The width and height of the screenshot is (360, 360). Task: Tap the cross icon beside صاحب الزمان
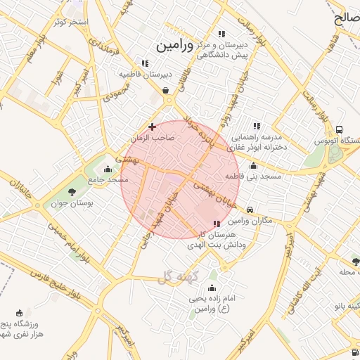[x=153, y=127]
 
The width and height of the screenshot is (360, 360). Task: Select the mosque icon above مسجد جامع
[x=107, y=169]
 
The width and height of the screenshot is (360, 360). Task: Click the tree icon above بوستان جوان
[x=72, y=192]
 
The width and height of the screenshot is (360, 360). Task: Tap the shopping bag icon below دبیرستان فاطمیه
[x=165, y=90]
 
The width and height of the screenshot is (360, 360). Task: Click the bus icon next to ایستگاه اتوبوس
[x=340, y=130]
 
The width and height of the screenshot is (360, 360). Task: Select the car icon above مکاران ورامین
[x=250, y=210]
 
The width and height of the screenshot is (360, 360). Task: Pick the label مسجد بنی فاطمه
[x=253, y=176]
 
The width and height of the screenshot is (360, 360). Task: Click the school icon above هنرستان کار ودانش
[x=216, y=224]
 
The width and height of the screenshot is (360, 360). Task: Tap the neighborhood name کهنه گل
[x=180, y=276]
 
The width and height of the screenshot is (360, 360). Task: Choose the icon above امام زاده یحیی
[x=213, y=288]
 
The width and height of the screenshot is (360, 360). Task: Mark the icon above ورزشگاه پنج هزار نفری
[x=19, y=312]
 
